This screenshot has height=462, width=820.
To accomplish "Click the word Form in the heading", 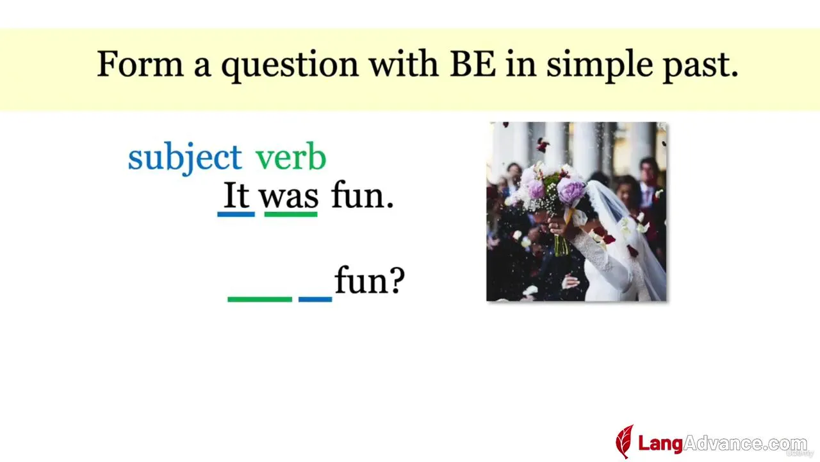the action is pyautogui.click(x=140, y=64).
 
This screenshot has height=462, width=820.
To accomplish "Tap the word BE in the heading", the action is pyautogui.click(x=473, y=64).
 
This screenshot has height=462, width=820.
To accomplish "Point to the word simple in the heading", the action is pyautogui.click(x=600, y=66).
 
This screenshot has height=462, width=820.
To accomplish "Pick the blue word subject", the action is pyautogui.click(x=185, y=158).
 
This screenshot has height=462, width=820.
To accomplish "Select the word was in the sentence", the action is pyautogui.click(x=289, y=198).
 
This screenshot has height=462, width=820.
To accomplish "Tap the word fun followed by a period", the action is pyautogui.click(x=363, y=194).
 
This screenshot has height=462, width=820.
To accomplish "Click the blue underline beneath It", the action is pyautogui.click(x=236, y=214).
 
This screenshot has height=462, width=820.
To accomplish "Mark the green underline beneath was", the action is pyautogui.click(x=291, y=214).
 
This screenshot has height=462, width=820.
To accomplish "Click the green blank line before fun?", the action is pyautogui.click(x=260, y=300).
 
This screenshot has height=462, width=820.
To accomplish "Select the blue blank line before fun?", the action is pyautogui.click(x=315, y=300).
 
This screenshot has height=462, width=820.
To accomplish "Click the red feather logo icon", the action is pyautogui.click(x=625, y=441).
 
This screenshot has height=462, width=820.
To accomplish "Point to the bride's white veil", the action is pyautogui.click(x=630, y=235).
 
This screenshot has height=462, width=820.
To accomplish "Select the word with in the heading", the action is pyautogui.click(x=404, y=64).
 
